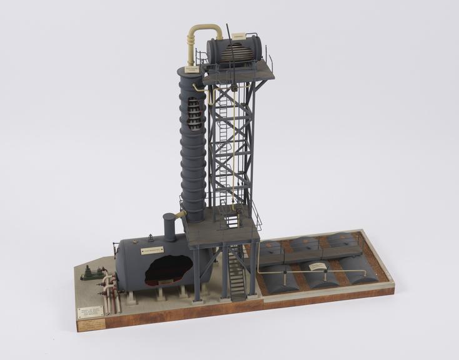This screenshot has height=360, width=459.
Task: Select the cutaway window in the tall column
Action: tap(196, 110)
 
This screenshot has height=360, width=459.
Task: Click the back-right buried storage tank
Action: tap(342, 239)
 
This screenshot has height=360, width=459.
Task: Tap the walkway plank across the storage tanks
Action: tap(312, 254)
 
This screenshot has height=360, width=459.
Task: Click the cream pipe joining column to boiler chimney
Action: tap(180, 215)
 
